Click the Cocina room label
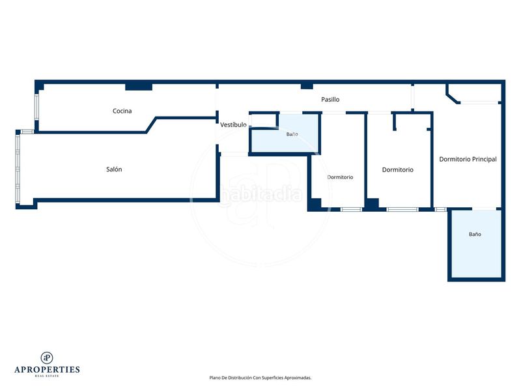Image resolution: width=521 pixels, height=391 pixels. pos(122,111)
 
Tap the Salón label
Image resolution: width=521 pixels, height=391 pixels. pos(114,169)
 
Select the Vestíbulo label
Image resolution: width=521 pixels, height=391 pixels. pos(233,124)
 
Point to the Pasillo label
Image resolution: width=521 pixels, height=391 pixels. pos(330,100)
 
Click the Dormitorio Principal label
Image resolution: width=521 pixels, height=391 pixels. pos(468,159)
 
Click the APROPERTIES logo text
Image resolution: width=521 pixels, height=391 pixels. pos(47,369)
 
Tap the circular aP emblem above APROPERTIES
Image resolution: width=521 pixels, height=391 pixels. pos(47,358)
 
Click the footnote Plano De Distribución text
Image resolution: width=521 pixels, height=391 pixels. pos(260,378)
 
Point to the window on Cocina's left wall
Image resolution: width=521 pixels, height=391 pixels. pos(36,106)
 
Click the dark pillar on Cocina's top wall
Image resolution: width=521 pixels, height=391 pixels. pos(139,87)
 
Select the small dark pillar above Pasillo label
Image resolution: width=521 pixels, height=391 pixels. pos(307,87)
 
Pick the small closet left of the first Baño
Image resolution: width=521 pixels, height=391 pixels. pos(264,120)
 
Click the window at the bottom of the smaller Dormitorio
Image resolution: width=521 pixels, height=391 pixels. pos(351,209)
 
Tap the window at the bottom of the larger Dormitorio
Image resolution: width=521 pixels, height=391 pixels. pos(402,209)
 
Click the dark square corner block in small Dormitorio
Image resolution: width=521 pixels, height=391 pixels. pos(315,205)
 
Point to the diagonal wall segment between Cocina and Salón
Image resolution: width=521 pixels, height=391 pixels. pos(151,124)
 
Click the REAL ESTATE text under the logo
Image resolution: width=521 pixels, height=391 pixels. pos(47,376)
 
